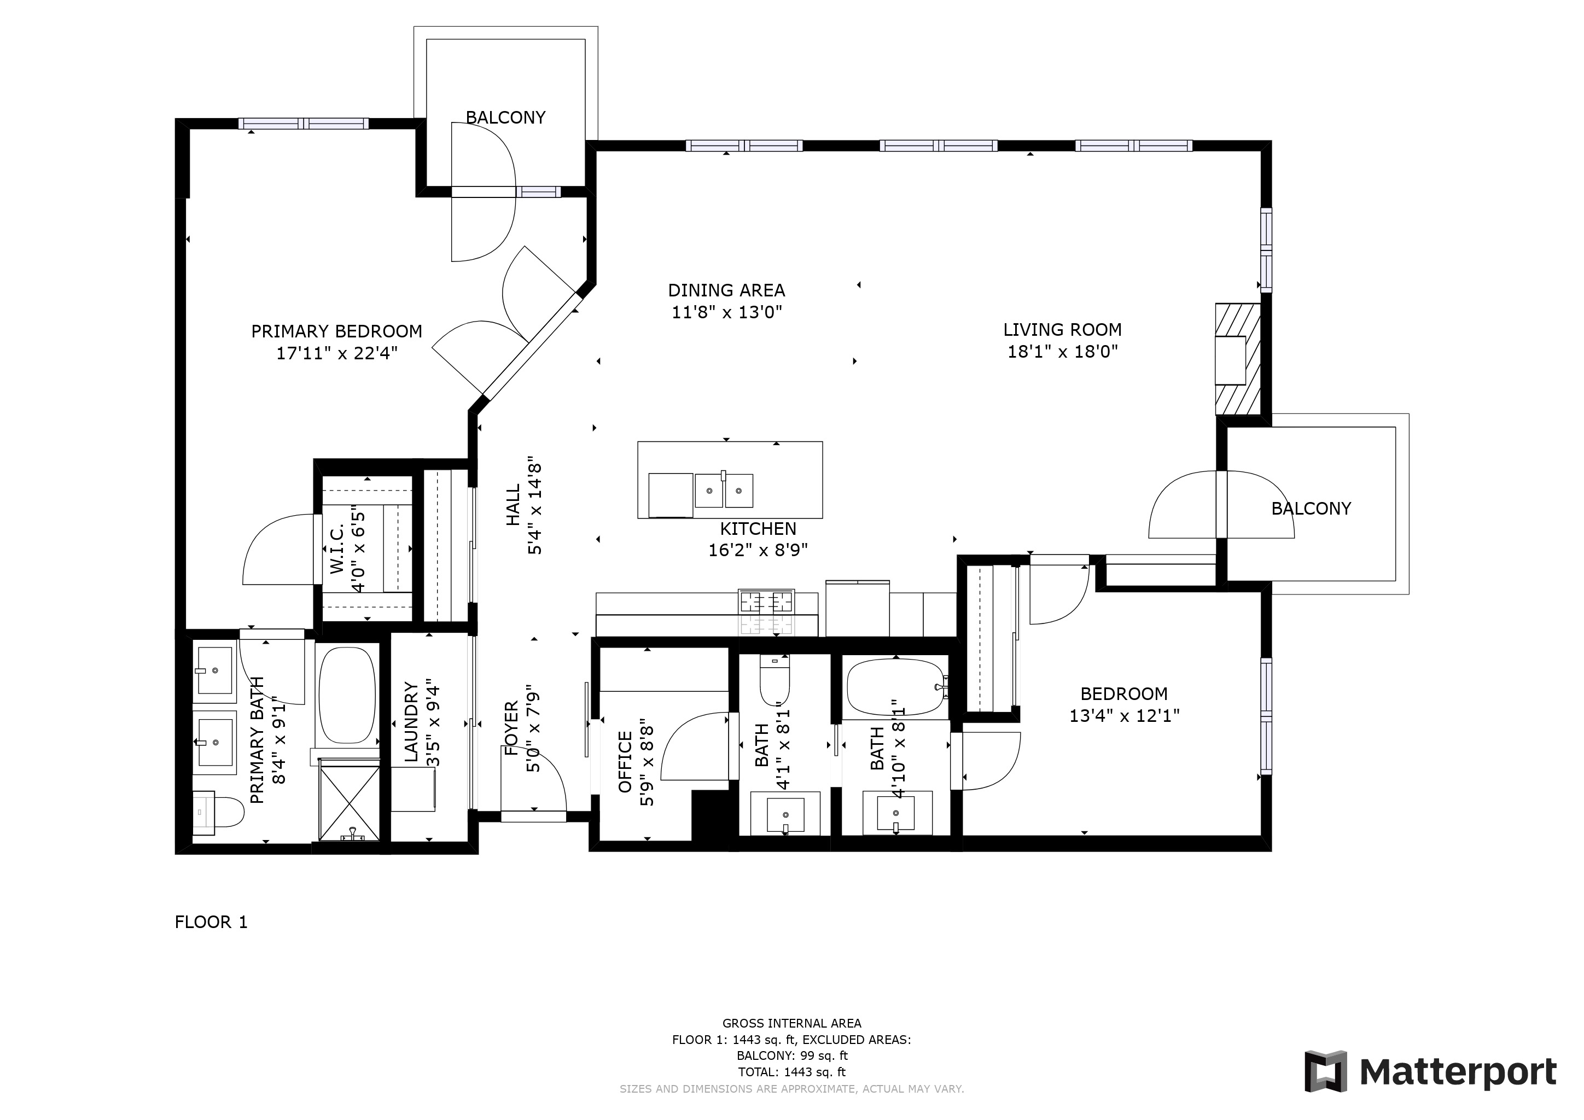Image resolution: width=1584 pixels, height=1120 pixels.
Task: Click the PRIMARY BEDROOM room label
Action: (337, 332)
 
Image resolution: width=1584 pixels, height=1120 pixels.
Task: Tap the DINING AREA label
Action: (726, 290)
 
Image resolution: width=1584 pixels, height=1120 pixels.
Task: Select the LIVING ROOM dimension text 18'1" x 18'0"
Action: (1062, 352)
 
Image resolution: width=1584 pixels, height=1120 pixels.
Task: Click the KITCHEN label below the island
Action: (758, 529)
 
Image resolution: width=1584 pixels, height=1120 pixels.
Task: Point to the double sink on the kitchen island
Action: (724, 491)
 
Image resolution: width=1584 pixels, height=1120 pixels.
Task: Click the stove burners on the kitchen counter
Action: (766, 602)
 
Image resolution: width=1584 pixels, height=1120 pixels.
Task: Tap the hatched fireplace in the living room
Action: (1238, 359)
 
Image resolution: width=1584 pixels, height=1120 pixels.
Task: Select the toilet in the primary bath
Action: (219, 813)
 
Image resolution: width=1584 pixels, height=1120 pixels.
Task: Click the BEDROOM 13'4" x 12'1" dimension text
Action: (1125, 716)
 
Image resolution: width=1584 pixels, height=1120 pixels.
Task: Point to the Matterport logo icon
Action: (1325, 1072)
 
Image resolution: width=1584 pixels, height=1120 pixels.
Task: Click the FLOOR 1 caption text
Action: (211, 922)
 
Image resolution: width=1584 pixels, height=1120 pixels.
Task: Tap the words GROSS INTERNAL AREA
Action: (792, 1023)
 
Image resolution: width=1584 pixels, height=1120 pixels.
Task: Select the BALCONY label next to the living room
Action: (1311, 509)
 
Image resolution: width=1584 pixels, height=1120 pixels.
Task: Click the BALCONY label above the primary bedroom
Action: (506, 118)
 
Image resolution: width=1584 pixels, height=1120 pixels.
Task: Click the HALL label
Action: (513, 505)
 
